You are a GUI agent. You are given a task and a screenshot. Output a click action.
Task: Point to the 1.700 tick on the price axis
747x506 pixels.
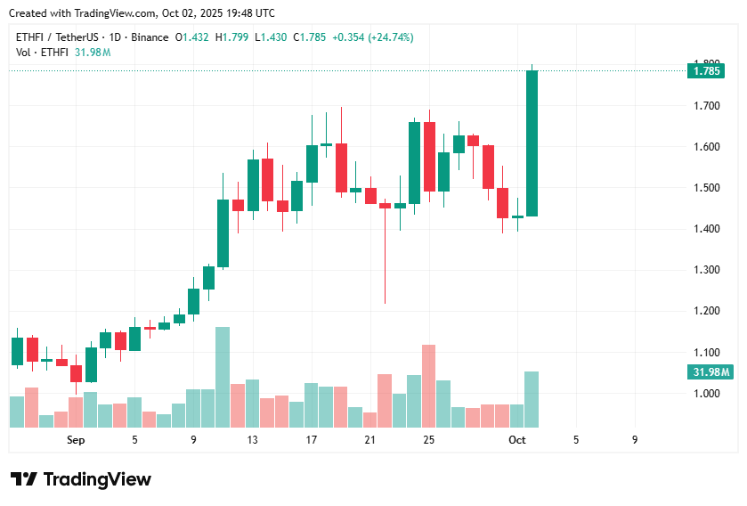[x=706, y=106]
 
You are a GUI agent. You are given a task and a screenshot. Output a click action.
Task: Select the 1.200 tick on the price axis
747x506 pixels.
[x=706, y=311]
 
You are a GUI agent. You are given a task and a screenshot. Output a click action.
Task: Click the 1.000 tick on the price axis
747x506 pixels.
[x=706, y=393]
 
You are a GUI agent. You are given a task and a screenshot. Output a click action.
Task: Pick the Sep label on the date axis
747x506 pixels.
[x=76, y=440]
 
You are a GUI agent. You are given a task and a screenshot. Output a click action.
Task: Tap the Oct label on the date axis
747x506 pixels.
[x=517, y=440]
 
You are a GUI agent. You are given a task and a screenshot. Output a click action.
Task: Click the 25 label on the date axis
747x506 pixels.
[x=429, y=440]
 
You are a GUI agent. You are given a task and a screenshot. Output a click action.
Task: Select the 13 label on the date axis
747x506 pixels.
[x=253, y=440]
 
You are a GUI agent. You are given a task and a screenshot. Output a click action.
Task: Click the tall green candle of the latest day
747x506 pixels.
[x=532, y=143]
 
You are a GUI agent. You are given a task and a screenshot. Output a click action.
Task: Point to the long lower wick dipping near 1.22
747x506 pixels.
[x=385, y=267]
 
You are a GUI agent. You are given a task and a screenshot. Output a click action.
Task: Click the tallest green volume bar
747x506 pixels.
[x=223, y=377]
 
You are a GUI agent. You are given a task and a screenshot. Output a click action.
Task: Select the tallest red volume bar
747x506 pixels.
[x=429, y=386]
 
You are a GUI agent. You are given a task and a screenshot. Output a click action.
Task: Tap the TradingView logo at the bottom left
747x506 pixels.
[x=80, y=479]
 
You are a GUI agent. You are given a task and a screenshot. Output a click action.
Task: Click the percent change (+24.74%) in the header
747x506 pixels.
[x=386, y=37]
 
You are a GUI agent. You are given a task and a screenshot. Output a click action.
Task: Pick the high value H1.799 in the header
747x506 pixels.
[x=236, y=37]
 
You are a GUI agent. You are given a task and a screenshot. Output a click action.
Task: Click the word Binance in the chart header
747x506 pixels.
[x=150, y=37]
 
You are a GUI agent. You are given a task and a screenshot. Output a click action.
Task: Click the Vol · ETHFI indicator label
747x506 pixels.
[x=43, y=53]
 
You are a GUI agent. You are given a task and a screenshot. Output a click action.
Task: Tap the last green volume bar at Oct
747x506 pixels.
[x=532, y=399]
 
